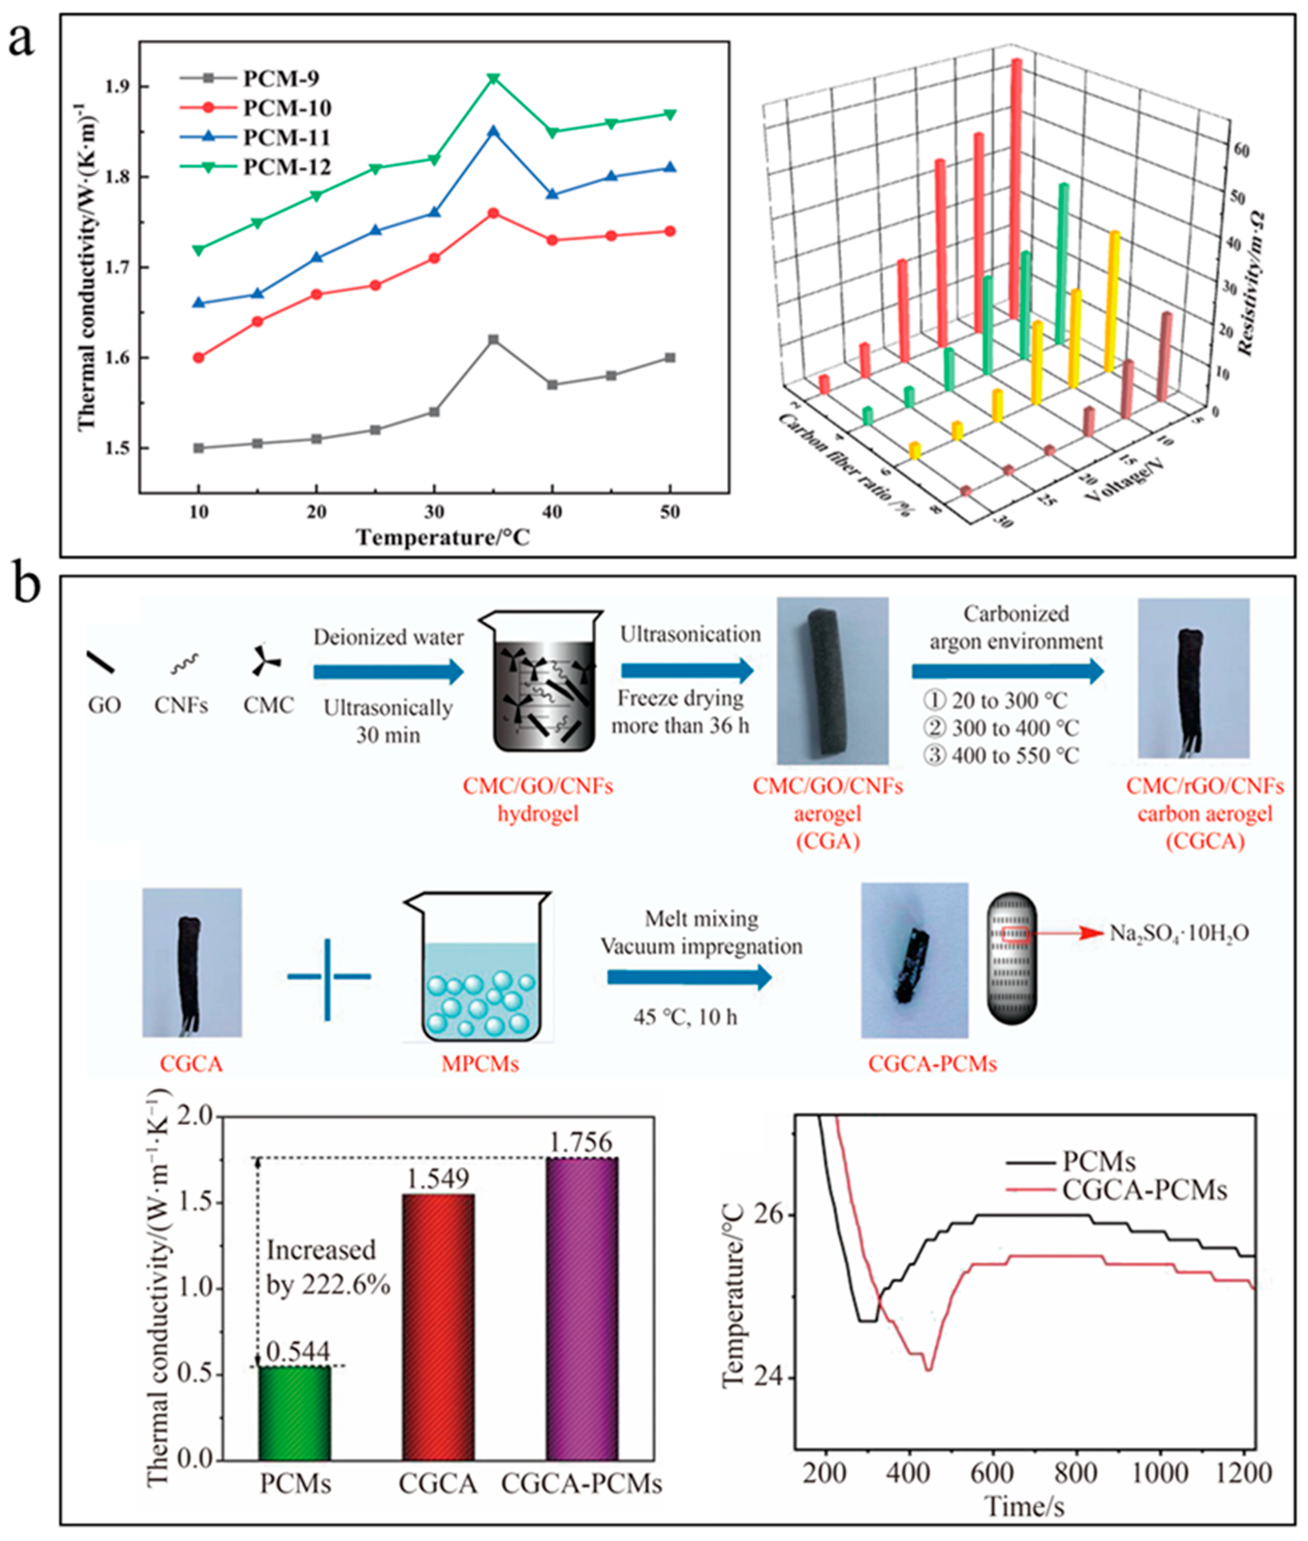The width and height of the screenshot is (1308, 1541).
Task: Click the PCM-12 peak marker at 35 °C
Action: click(x=493, y=78)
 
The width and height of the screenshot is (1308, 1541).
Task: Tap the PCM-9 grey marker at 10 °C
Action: click(x=198, y=448)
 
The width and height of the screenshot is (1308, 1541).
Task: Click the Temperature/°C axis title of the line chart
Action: click(x=443, y=537)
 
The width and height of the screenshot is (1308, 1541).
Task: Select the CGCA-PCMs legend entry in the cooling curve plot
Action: click(x=1143, y=1191)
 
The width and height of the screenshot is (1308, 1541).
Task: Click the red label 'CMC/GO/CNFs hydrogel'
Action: click(x=538, y=800)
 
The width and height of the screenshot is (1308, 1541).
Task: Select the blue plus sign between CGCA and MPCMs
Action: click(x=328, y=977)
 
